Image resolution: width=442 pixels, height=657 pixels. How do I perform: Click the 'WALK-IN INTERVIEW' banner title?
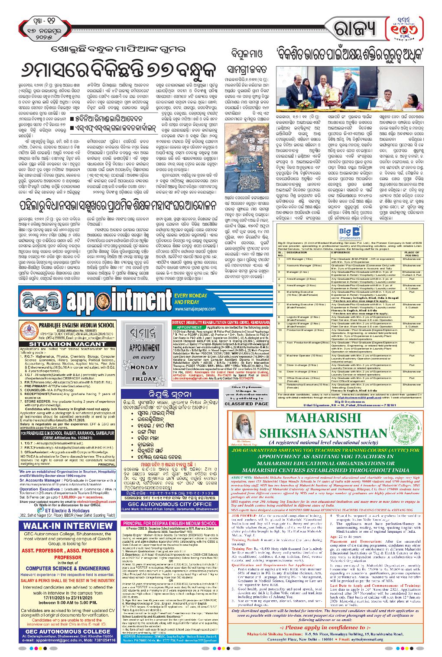click(68, 526)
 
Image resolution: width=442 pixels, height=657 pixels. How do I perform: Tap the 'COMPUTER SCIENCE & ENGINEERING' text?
click(68, 568)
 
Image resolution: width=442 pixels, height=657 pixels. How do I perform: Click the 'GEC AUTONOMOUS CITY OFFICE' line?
click(169, 504)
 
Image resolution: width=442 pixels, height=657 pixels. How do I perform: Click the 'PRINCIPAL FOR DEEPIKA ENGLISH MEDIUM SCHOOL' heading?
click(169, 523)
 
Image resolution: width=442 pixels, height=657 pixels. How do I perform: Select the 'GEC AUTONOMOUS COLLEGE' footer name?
click(68, 631)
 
